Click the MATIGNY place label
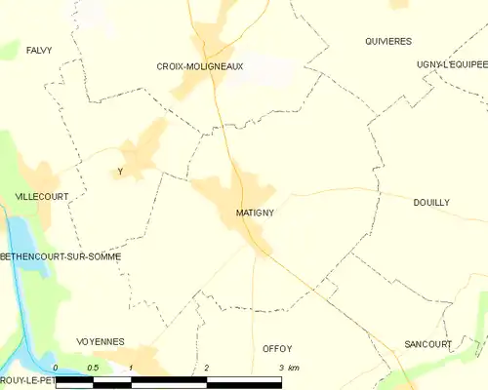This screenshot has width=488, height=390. click(x=254, y=212)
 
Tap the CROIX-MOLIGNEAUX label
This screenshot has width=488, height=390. click(x=200, y=66)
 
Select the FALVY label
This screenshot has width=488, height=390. click(x=39, y=49)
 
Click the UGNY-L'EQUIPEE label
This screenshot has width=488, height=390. click(x=451, y=64)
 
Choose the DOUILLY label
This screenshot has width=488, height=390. click(x=431, y=202)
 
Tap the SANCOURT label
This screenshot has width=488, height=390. click(x=427, y=344)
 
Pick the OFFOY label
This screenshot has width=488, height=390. click(x=277, y=348)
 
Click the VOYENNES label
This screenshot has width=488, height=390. click(x=101, y=341)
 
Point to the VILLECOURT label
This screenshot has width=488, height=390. click(x=42, y=196)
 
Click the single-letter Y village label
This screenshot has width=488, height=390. click(x=119, y=173)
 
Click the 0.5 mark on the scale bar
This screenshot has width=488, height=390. click(x=92, y=368)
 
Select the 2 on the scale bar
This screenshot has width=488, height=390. click(x=207, y=368)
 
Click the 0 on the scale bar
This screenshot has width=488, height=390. click(x=56, y=368)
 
